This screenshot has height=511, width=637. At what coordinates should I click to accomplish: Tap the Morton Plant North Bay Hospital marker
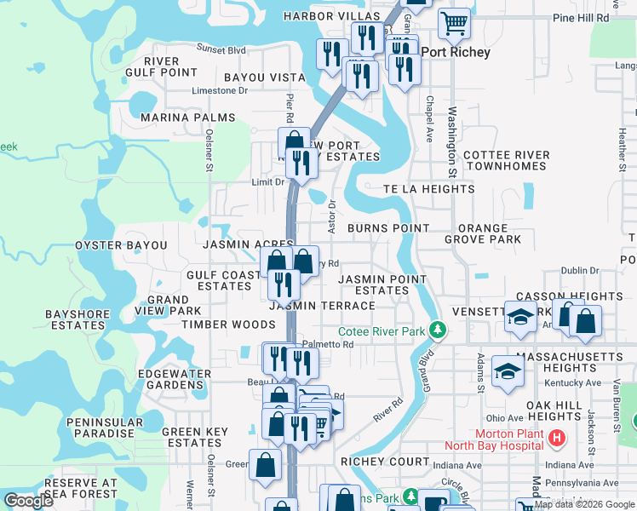pyautogui.click(x=557, y=439)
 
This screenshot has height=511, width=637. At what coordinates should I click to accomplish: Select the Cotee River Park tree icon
pyautogui.click(x=438, y=330)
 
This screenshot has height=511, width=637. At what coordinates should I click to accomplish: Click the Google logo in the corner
pyautogui.click(x=29, y=501)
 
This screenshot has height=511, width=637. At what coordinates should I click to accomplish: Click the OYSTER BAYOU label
pyautogui.click(x=121, y=245)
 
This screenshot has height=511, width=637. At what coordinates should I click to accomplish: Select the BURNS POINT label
pyautogui.click(x=388, y=228)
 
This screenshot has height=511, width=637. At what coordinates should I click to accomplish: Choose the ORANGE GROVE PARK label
pyautogui.click(x=489, y=234)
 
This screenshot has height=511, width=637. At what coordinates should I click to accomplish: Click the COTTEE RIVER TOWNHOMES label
pyautogui.click(x=507, y=160)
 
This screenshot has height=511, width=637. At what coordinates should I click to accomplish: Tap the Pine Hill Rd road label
pyautogui.click(x=581, y=17)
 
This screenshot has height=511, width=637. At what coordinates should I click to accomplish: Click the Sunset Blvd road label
pyautogui.click(x=221, y=49)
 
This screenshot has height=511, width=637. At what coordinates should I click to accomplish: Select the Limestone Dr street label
pyautogui.click(x=220, y=90)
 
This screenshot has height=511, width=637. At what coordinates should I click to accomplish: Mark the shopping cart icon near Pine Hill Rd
pyautogui.click(x=455, y=23)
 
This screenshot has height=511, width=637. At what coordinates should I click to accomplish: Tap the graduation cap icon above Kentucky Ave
pyautogui.click(x=508, y=372)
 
